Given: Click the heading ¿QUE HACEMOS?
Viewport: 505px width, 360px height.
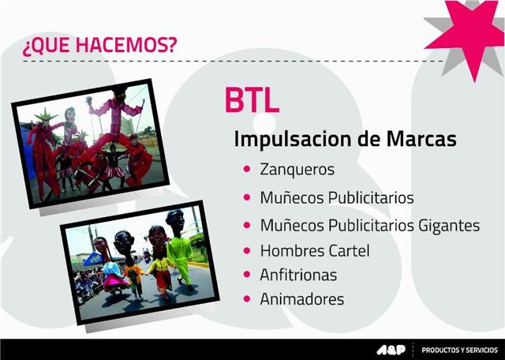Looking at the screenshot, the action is pos(100,44).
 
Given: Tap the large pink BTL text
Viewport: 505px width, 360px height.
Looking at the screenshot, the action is pos(252,100).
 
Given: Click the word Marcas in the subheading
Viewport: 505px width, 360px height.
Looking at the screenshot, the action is pos(421,139).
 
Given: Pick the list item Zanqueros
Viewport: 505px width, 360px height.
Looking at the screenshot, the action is pos(297,169).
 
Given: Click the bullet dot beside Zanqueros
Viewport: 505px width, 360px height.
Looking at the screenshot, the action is pos(247,169).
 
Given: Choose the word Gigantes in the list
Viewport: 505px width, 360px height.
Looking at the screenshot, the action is pos(449,225).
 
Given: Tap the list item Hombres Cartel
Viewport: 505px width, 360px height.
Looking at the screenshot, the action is pos(315,251).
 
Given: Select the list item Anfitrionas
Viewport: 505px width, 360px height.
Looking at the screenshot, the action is pos(298,275).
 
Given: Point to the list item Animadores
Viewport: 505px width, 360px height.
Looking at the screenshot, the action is pos(301,299).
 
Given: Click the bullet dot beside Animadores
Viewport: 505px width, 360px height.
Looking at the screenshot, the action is pos(247,298).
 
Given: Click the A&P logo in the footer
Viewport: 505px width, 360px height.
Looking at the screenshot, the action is pos(391,350).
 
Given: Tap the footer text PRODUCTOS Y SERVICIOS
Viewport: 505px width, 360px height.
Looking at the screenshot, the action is pos(459,350).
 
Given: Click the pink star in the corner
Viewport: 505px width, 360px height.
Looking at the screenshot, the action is pos(468,36).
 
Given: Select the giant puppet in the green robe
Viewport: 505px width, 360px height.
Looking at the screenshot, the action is pos(179,249).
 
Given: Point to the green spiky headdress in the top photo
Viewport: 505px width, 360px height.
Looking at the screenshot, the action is pos(46,114).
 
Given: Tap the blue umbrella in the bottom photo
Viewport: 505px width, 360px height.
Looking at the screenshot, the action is pos(93,260).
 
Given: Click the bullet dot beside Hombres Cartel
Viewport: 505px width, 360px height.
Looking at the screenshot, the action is pos(247,250).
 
